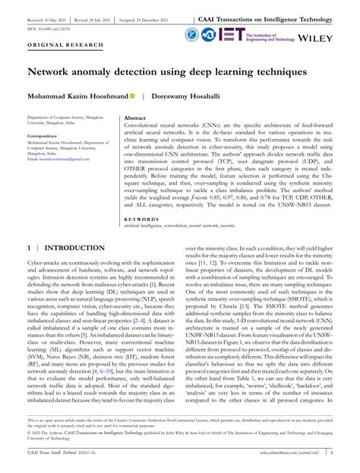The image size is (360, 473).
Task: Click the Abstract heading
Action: [134, 119]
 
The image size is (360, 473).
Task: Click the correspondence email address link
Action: [52, 162]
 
